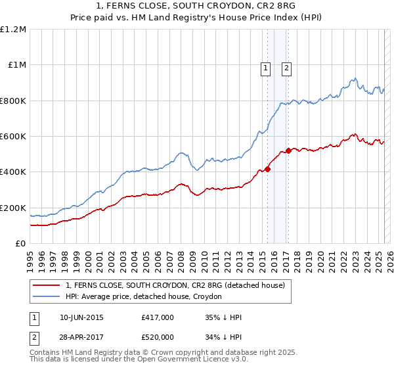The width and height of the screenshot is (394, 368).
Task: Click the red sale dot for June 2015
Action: click(x=267, y=169)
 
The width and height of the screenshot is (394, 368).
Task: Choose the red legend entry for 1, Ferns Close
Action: click(x=175, y=286)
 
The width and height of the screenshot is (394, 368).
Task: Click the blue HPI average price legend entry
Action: click(x=143, y=296)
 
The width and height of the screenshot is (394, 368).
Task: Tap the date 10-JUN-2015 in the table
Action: click(x=81, y=317)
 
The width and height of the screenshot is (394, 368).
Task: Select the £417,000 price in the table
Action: click(x=158, y=317)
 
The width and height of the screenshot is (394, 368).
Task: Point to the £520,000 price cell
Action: click(x=158, y=336)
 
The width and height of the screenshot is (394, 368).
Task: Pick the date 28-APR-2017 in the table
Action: click(x=81, y=336)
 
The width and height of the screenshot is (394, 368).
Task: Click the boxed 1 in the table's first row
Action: click(x=34, y=317)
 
